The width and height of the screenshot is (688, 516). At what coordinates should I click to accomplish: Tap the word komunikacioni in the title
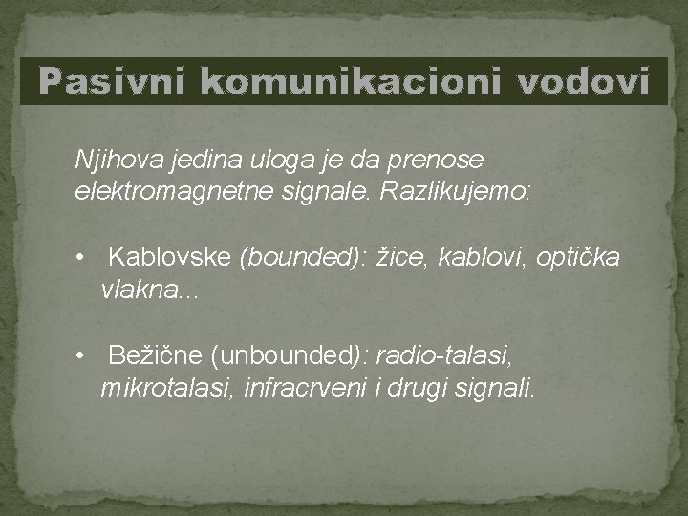tap(355, 83)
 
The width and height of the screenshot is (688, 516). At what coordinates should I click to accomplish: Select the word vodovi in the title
tap(584, 83)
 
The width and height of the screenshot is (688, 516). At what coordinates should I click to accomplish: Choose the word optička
tap(577, 258)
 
